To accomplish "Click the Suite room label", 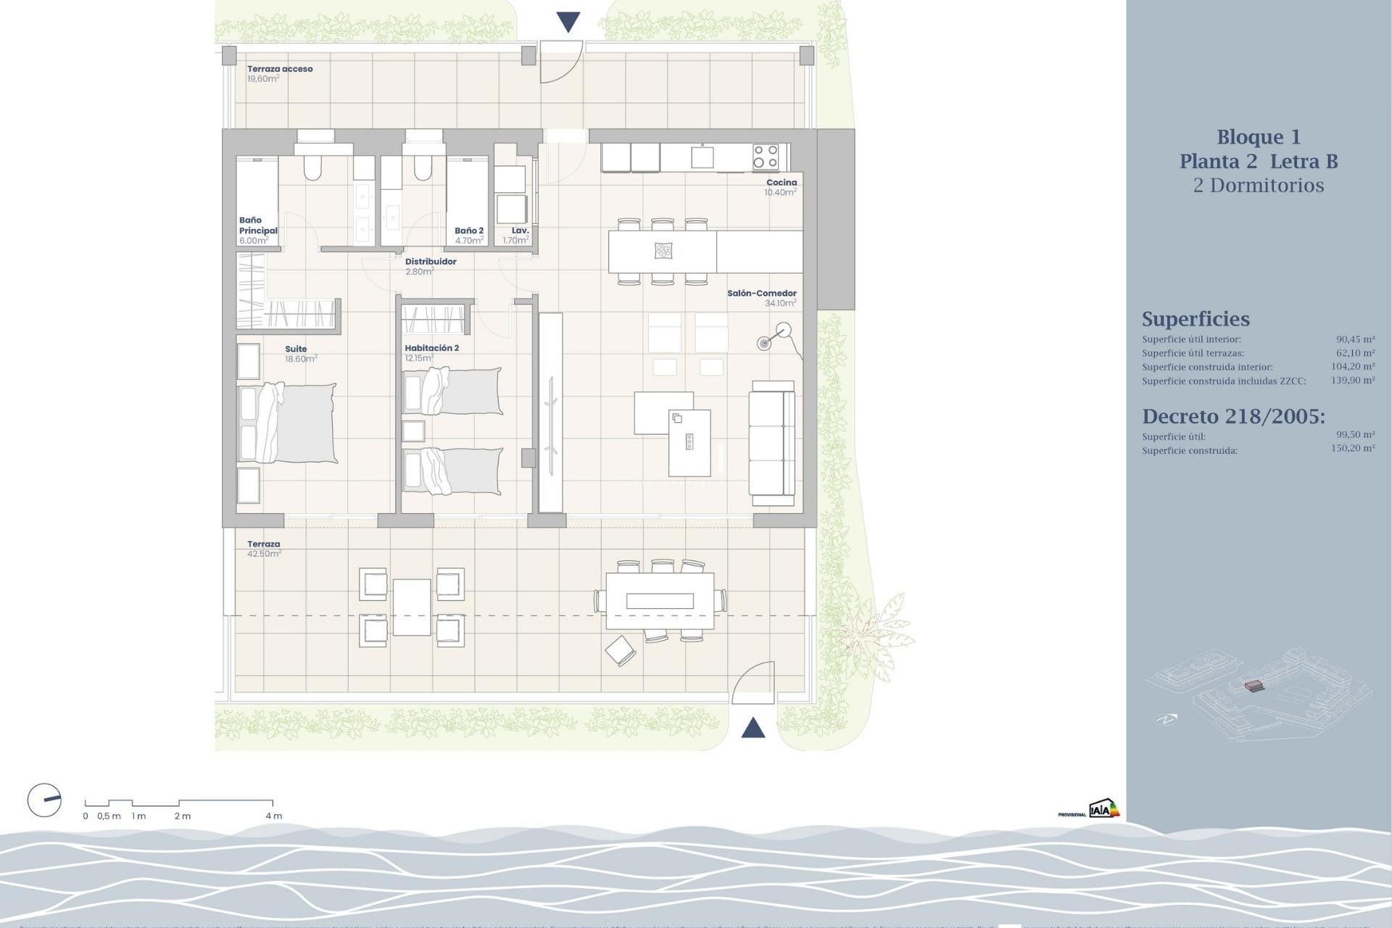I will coord(296,349).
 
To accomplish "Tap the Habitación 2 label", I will coord(431,348).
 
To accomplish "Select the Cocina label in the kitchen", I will coord(782,183).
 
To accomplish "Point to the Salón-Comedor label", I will coord(761,294).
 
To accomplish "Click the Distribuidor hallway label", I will coord(431,262).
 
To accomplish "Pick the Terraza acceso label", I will coord(280,69).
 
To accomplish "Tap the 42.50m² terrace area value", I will coord(264,554).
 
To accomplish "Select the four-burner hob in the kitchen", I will coord(765,157).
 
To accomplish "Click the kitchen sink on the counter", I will coord(702,157).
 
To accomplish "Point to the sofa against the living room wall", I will coord(772,443).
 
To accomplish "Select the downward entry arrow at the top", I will coord(568,22).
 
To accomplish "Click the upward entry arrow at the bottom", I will coord(753,728).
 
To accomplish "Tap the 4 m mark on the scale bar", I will coord(273,816).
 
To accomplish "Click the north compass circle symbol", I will coord(44,800).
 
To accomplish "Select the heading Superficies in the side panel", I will coord(1196,319).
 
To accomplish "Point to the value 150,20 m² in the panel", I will coord(1352,449).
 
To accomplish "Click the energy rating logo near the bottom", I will coord(1104,809).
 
